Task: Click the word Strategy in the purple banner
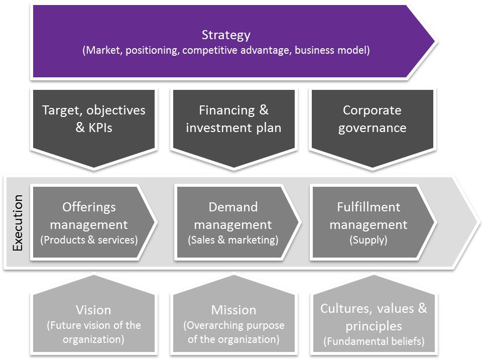226,35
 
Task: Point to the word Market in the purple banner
104,50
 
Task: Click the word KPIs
100,128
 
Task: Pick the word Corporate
372,110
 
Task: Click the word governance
372,128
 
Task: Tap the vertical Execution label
18,222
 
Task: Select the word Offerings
89,207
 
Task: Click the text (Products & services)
89,240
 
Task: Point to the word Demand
233,207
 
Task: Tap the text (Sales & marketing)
233,240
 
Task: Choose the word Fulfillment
369,207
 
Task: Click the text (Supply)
368,240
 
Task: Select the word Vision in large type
93,310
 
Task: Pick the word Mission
233,310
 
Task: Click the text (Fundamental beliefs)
374,341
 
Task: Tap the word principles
374,326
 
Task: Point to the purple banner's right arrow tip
435,41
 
